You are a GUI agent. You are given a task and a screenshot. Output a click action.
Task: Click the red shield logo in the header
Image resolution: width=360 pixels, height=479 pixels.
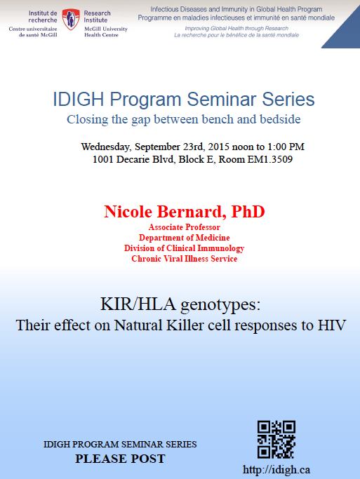(71, 19)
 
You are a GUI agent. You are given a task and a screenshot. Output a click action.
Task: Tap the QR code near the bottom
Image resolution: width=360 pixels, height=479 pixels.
(276, 440)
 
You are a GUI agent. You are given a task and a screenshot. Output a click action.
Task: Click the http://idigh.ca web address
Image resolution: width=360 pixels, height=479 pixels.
(276, 469)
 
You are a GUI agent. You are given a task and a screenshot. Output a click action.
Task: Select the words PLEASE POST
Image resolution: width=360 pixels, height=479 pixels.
(120, 459)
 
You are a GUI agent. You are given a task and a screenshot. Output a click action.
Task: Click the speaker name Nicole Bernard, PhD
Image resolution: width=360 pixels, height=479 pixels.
(185, 211)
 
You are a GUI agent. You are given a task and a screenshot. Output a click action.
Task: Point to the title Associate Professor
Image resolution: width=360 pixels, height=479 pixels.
(185, 227)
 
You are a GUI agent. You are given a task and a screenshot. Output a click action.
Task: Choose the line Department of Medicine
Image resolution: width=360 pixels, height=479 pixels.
(185, 238)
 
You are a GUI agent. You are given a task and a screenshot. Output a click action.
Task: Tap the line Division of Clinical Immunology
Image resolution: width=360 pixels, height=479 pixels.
(185, 248)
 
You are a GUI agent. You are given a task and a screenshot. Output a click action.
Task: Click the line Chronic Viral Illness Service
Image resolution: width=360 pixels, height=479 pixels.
(185, 259)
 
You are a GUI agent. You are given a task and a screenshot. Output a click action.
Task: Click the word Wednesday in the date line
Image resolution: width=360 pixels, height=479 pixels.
(105, 147)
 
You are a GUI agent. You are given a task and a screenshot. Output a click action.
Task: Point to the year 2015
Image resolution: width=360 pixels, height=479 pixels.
(218, 147)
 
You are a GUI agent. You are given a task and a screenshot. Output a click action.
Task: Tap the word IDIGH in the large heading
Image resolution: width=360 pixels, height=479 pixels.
(79, 100)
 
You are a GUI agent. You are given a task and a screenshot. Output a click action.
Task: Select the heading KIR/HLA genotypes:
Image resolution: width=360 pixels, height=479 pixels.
(180, 305)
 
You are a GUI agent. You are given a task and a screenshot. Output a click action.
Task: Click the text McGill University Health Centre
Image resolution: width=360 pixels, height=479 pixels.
(106, 32)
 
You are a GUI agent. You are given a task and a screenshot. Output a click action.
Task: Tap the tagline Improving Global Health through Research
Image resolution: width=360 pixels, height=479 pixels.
(236, 29)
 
